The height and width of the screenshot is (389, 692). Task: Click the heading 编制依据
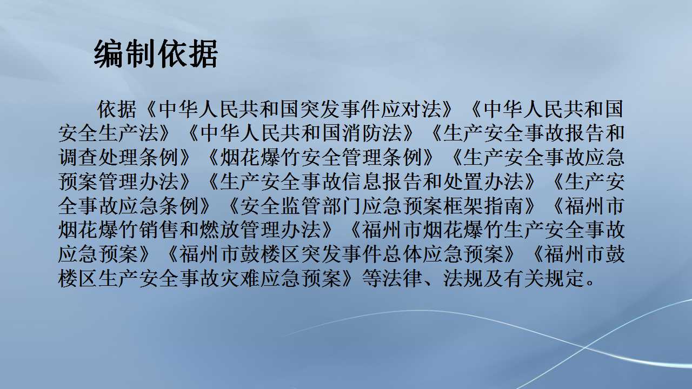pos(156,54)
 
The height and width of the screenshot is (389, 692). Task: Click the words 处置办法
pos(491,182)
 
